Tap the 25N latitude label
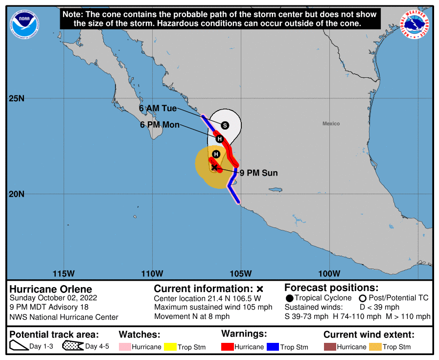coord(16,98)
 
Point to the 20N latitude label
coord(16,194)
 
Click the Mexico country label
coord(331,124)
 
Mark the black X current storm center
coord(214,167)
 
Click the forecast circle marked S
coord(225,125)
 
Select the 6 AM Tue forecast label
coord(158,109)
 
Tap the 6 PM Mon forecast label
coord(159,125)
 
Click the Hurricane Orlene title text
coord(50,289)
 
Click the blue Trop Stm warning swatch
coord(273,347)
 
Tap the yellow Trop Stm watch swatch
coord(170,347)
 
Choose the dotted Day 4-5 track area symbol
coord(72,347)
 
